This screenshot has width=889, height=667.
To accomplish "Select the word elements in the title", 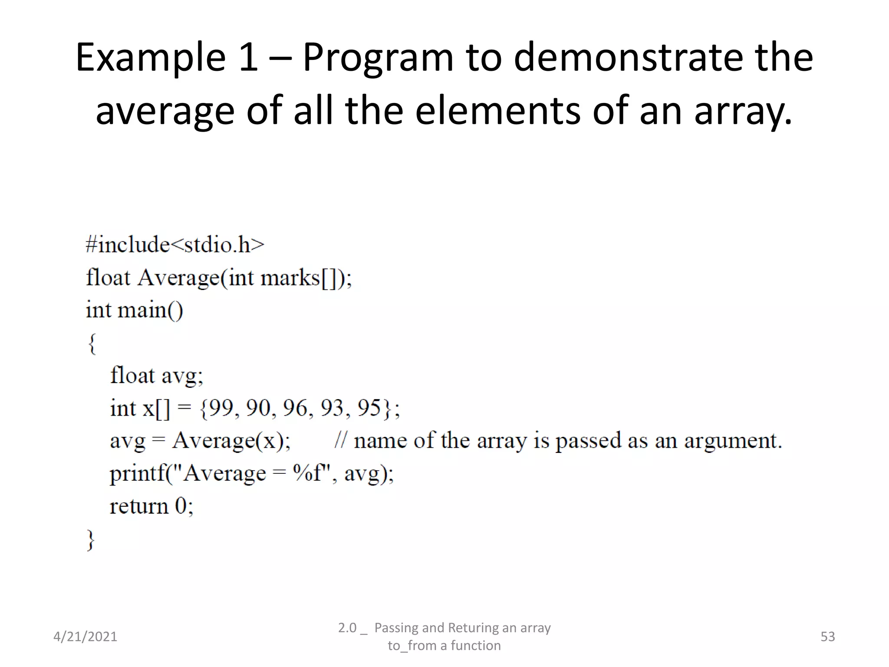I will pyautogui.click(x=497, y=111).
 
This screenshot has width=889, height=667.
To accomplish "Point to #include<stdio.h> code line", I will pyautogui.click(x=175, y=244).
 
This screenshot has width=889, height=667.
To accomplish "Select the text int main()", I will pyautogui.click(x=135, y=310).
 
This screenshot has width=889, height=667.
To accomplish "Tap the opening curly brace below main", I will pyautogui.click(x=92, y=343).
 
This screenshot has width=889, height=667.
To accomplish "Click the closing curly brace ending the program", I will pyautogui.click(x=91, y=540).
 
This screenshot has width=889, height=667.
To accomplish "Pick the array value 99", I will pyautogui.click(x=221, y=408).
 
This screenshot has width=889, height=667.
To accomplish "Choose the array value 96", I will pyautogui.click(x=295, y=408).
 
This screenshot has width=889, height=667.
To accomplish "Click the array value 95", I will pyautogui.click(x=369, y=408).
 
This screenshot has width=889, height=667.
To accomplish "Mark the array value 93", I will pyautogui.click(x=333, y=408).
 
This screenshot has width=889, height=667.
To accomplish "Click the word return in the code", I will pyautogui.click(x=139, y=506).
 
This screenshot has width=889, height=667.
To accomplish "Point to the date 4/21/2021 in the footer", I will pyautogui.click(x=85, y=637).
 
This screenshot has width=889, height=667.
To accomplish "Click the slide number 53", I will pyautogui.click(x=827, y=637).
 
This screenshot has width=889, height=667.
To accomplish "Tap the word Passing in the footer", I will pyautogui.click(x=397, y=628).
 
